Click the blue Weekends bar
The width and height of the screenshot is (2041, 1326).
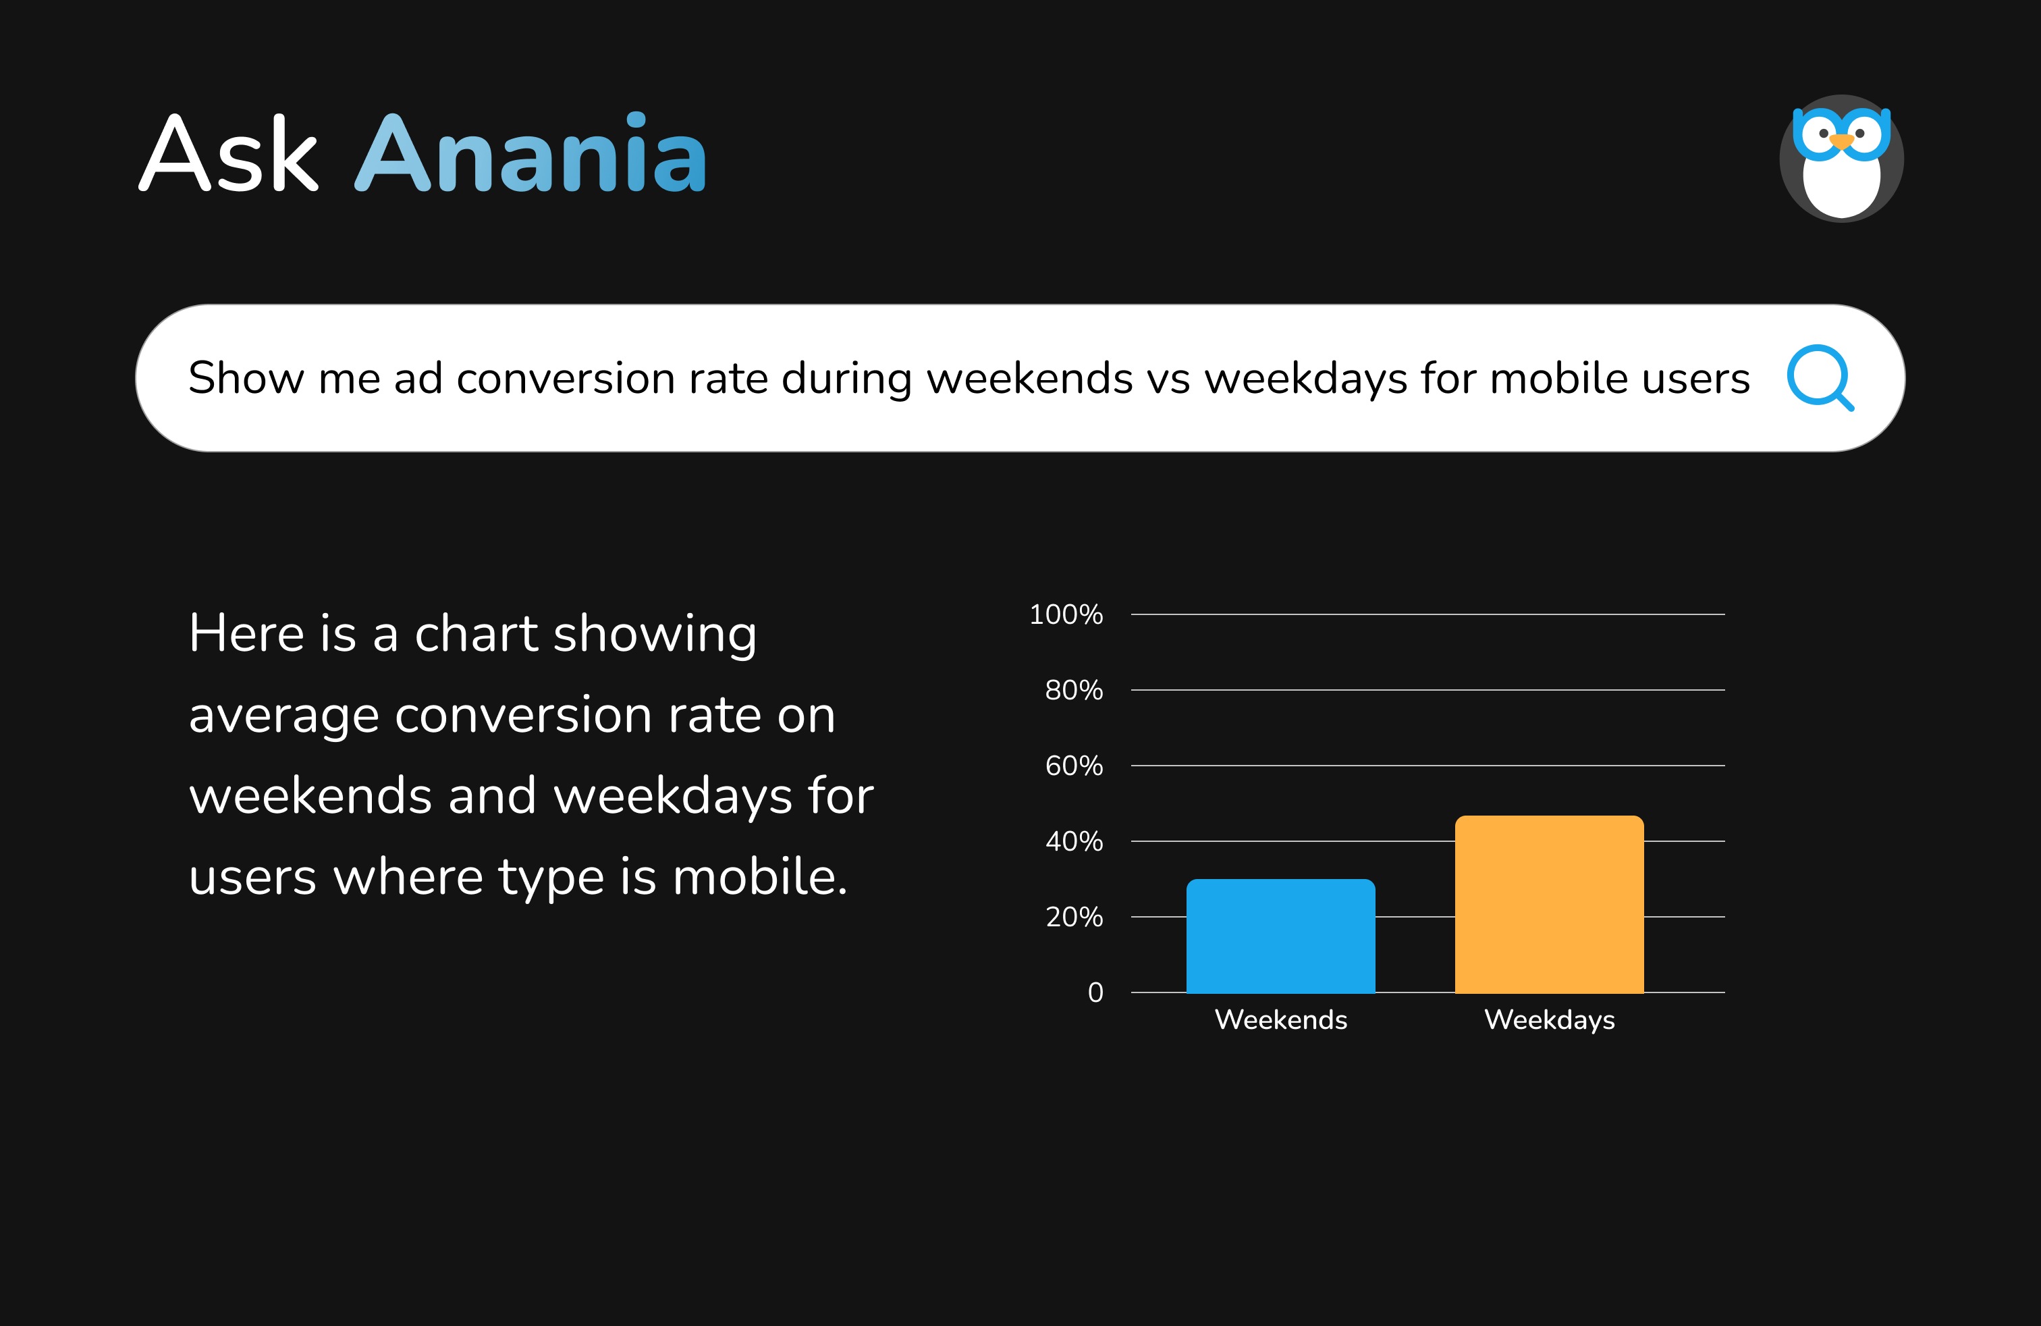[x=1280, y=936]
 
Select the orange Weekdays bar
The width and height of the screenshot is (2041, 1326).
[x=1549, y=904]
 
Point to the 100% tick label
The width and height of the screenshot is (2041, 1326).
[x=1065, y=614]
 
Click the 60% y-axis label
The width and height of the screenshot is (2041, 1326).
[x=1073, y=765]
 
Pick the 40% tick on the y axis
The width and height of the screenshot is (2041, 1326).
[x=1073, y=841]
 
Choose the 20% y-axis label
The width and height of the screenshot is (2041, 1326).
[x=1073, y=917]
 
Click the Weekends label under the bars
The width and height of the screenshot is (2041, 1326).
[x=1280, y=1019]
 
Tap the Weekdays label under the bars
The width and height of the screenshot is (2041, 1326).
[x=1549, y=1019]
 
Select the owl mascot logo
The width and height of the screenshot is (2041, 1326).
[x=1841, y=159]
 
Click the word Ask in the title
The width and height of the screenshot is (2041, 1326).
[x=229, y=155]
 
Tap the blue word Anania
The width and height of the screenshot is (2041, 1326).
[x=530, y=155]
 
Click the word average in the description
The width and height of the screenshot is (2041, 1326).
[x=283, y=715]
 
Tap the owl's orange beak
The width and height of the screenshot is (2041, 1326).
[x=1841, y=140]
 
